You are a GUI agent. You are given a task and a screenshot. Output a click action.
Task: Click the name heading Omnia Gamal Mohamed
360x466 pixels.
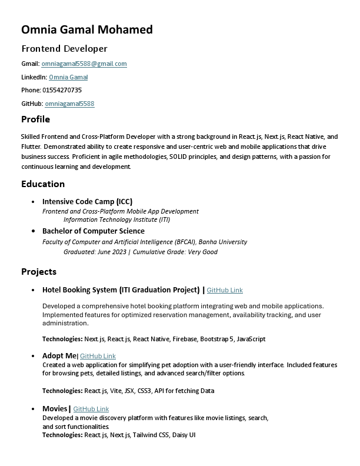coord(86,29)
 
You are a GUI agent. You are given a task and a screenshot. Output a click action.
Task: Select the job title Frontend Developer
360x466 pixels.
coord(64,48)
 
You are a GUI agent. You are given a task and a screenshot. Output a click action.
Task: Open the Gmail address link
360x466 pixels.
coord(84,64)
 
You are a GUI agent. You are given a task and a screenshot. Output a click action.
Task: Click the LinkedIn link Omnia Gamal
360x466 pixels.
coord(68,77)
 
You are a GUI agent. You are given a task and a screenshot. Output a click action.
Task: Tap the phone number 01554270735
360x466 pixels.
coord(62,90)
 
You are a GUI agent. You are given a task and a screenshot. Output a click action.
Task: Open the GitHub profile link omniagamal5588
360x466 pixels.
coord(69,104)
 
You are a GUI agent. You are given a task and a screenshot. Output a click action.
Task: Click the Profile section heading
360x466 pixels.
coord(35,119)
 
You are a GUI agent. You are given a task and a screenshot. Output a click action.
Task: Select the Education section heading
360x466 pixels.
coord(43,184)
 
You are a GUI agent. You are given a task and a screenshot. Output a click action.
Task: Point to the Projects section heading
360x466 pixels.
coord(39,271)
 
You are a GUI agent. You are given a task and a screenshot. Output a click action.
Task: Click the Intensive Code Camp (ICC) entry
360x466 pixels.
coord(87,201)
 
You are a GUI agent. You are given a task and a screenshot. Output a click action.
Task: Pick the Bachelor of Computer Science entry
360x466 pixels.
coord(93,231)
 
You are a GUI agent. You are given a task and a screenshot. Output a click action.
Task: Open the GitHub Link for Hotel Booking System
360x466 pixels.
coord(225,290)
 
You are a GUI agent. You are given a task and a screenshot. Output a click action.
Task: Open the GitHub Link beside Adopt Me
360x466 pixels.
coord(98,356)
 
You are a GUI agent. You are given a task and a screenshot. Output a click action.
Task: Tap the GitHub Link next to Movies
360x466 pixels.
coord(91,409)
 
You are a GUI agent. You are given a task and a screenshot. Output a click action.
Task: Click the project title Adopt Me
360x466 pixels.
coord(59,355)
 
